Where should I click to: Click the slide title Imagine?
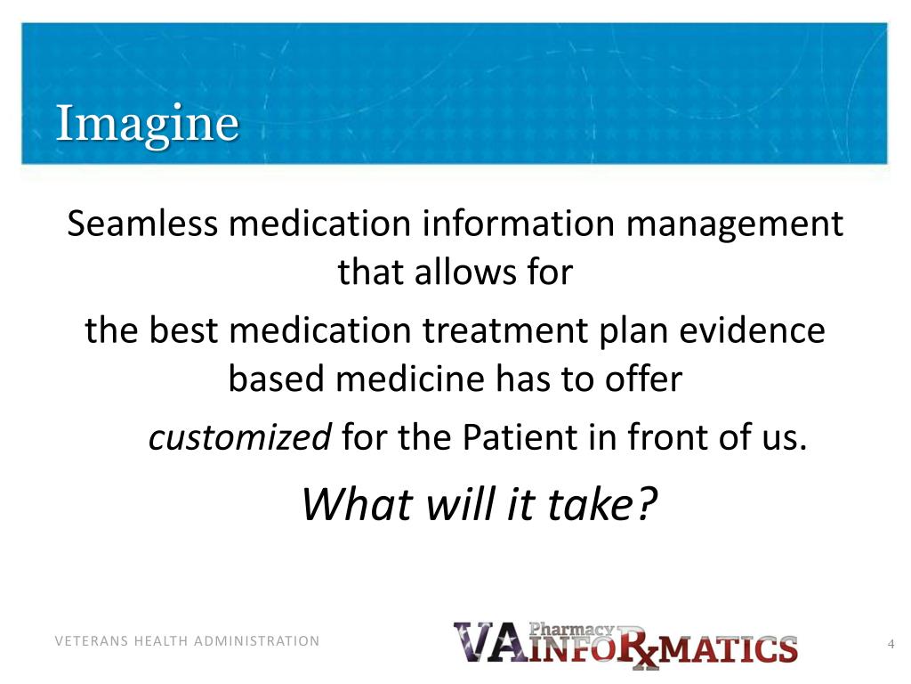pyautogui.click(x=147, y=125)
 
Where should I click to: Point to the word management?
pyautogui.click(x=734, y=224)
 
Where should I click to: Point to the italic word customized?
pyautogui.click(x=239, y=438)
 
